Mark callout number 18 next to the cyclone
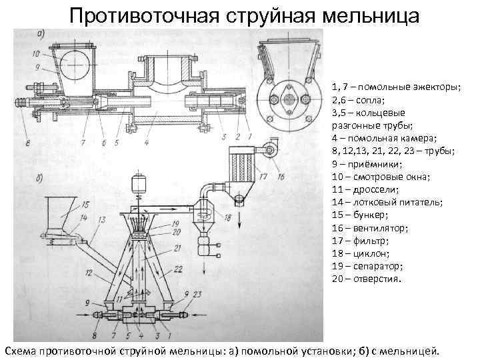point(229,218)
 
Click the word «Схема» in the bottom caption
point(21,351)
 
